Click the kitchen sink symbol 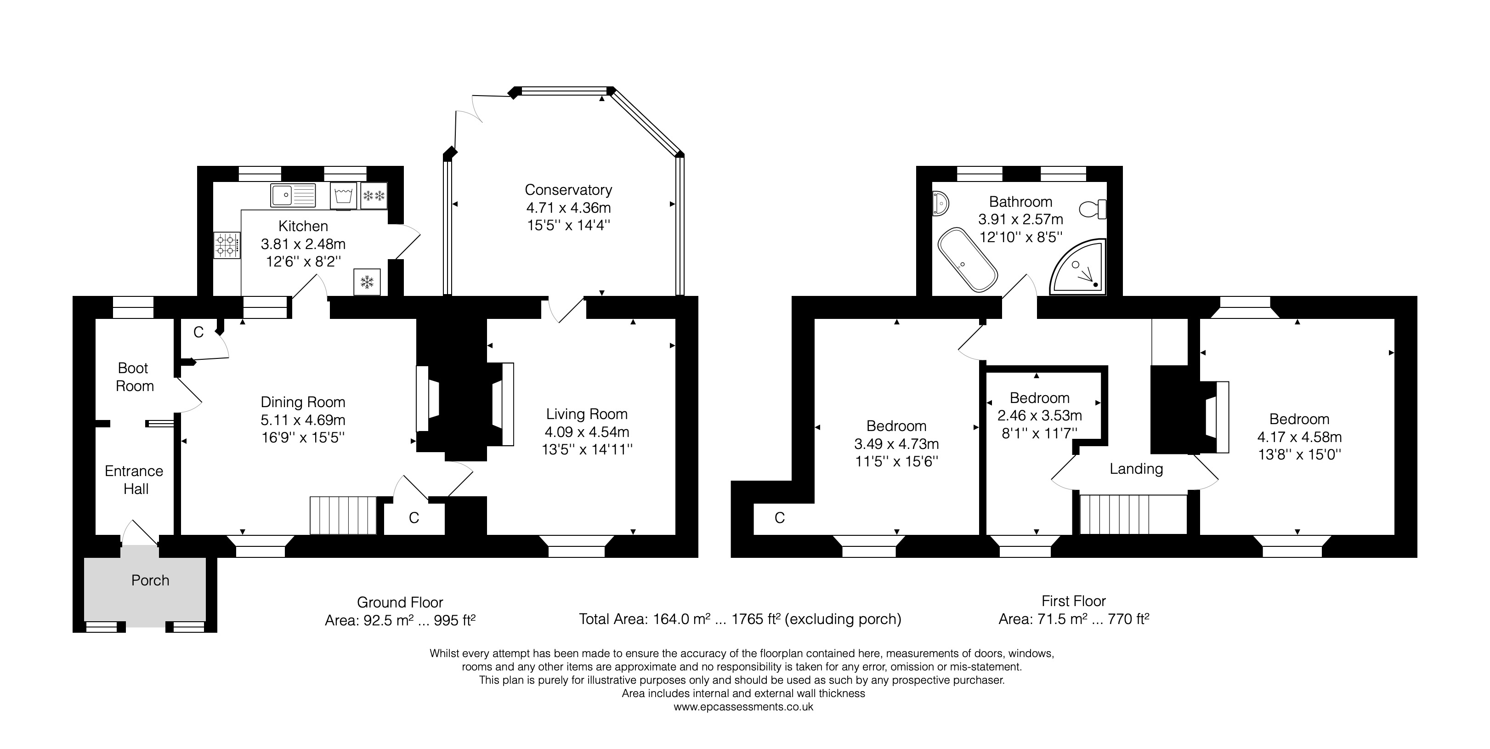pos(293,195)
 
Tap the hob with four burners pos(227,245)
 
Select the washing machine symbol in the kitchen pos(344,195)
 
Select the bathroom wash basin pos(940,204)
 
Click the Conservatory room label pos(568,190)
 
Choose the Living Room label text pos(587,414)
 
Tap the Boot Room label pos(134,377)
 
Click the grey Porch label pos(150,580)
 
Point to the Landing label pos(1136,469)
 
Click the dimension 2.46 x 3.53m pos(1039,415)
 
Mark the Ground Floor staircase pos(343,515)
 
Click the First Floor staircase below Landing pos(1133,514)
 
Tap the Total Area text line pos(740,619)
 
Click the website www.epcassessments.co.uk pos(743,707)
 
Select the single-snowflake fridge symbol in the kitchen pos(367,282)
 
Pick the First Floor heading pos(1074,601)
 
